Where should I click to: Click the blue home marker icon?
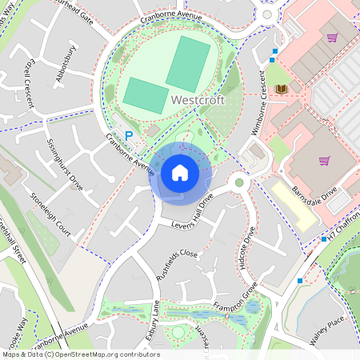coord(180,173)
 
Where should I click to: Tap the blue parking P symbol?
coord(129,137)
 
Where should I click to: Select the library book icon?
coord(280,89)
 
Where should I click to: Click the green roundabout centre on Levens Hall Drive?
coord(238,183)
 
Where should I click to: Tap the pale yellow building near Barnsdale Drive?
coord(293,202)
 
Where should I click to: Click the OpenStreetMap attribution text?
coord(80,354)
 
